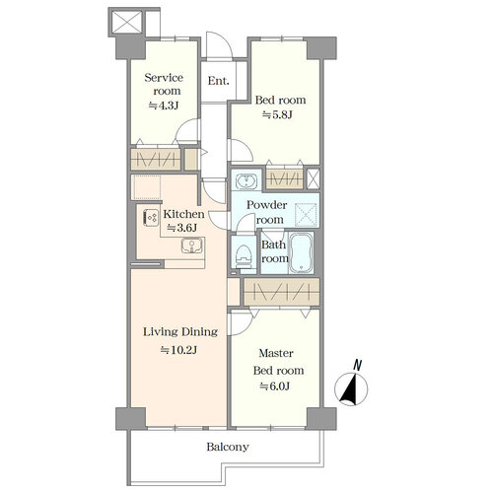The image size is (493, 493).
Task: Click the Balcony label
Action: [228, 447]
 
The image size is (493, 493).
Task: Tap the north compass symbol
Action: [351, 386]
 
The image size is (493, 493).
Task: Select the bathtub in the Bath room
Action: [301, 252]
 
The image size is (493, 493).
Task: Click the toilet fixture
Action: [244, 255]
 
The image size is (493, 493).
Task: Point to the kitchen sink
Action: [192, 246]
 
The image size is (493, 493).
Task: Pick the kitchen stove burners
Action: [151, 218]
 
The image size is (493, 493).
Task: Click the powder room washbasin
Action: [246, 180]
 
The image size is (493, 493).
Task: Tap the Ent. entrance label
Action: [218, 81]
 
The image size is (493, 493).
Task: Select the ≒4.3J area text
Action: [164, 106]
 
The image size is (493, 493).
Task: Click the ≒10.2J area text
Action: [178, 350]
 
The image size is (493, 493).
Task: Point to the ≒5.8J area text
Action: [277, 115]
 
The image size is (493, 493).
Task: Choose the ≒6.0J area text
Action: [275, 387]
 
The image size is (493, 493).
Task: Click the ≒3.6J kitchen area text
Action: [182, 228]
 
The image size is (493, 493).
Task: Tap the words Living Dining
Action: [180, 332]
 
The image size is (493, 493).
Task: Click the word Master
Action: [276, 353]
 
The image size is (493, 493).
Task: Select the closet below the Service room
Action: [156, 159]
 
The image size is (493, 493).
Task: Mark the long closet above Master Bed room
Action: [282, 292]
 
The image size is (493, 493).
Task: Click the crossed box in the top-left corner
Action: [127, 23]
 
